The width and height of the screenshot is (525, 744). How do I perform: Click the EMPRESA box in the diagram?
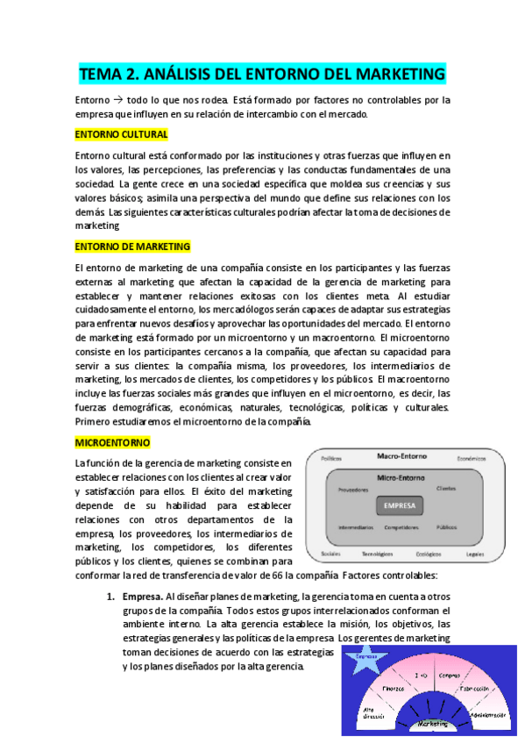point(401,504)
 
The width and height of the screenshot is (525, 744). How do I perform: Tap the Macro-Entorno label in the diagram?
point(401,457)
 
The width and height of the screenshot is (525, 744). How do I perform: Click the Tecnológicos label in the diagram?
point(378,554)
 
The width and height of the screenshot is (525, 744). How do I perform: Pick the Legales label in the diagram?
point(475,554)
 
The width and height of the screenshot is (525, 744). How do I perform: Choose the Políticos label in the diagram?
point(330,458)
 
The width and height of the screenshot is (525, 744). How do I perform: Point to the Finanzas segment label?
point(392,690)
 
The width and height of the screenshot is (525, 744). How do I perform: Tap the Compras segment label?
point(449,675)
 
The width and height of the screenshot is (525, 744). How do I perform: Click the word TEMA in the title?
point(102,73)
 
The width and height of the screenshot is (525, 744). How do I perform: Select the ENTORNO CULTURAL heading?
point(121,134)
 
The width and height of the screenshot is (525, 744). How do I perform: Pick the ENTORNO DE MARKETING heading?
point(132,247)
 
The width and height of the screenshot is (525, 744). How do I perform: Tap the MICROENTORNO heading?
point(113,443)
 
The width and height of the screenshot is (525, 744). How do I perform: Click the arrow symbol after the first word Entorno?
point(119,100)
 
